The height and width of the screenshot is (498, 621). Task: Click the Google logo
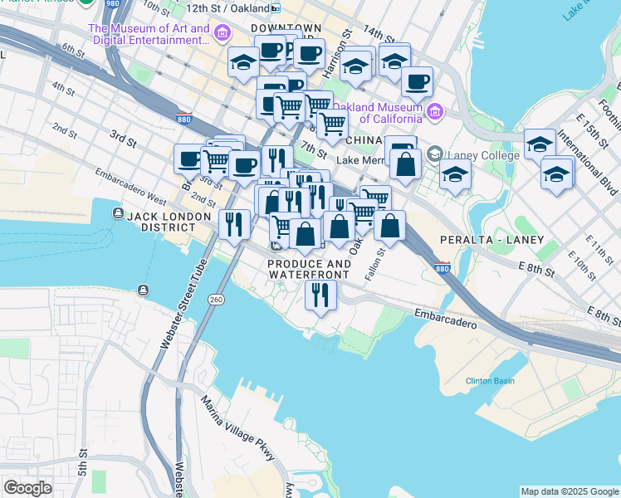click(x=27, y=488)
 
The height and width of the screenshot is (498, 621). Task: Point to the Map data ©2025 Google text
click(x=569, y=491)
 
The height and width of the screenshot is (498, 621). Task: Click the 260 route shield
click(x=216, y=299)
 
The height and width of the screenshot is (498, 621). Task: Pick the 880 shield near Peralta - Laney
click(x=443, y=268)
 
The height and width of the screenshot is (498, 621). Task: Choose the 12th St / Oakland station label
click(x=227, y=7)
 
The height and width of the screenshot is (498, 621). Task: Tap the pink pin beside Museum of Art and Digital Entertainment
click(x=222, y=34)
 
